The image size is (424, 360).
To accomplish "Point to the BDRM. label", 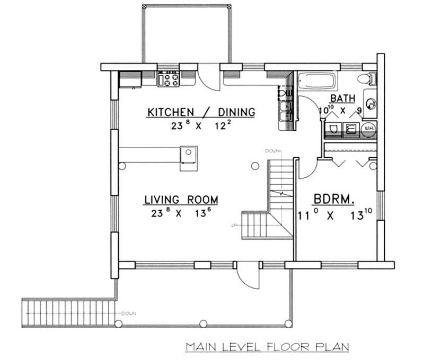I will (x=334, y=200).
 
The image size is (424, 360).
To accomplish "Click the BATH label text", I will (x=343, y=98).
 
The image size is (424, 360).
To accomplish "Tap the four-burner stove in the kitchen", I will (x=169, y=79).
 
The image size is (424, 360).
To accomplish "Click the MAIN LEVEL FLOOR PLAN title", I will (x=267, y=347).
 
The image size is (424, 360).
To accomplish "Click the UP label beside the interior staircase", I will (x=233, y=225).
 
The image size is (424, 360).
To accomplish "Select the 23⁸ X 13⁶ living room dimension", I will (x=181, y=214).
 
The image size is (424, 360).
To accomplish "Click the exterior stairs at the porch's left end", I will (x=68, y=312).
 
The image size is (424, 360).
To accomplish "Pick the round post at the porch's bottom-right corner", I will (x=288, y=323).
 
